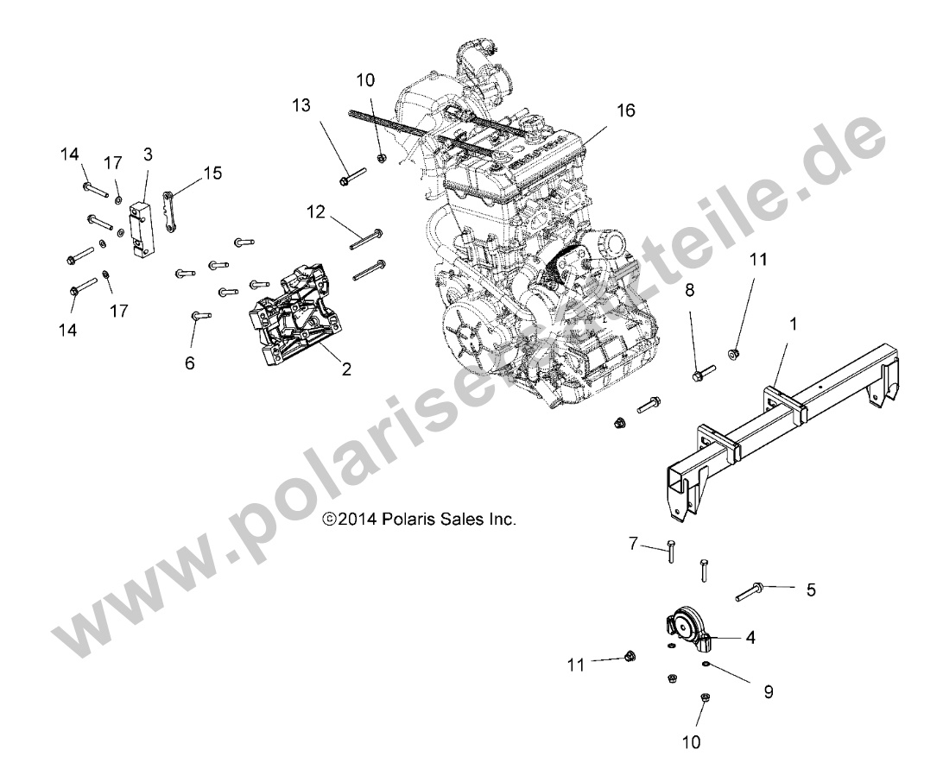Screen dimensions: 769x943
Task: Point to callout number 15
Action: (211, 173)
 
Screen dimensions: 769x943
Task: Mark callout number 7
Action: (632, 544)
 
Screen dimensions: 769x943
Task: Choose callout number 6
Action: (189, 363)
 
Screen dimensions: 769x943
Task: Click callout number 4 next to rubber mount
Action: (750, 638)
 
